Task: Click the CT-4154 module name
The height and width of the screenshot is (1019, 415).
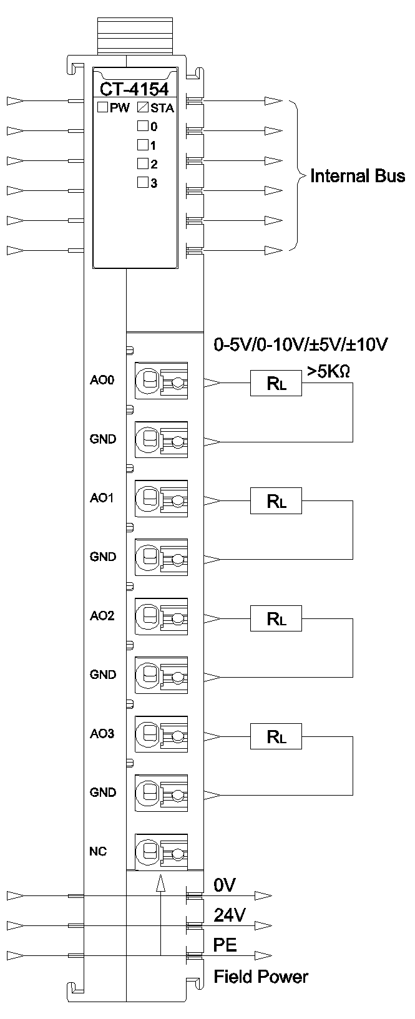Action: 134,90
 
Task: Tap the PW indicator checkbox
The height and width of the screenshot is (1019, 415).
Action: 103,107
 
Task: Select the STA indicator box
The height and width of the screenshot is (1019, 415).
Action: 142,107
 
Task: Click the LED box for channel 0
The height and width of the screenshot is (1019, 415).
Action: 142,126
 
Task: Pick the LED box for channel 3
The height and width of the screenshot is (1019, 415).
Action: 142,183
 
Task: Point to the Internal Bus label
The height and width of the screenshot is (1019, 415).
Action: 357,175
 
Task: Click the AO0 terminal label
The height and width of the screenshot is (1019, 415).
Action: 102,380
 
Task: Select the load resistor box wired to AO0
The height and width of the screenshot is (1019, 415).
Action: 276,383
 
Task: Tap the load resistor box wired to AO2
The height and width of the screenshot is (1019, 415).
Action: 276,618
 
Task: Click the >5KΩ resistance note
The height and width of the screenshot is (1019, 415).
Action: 328,371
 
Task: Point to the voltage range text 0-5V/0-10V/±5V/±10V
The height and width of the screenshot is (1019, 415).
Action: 301,344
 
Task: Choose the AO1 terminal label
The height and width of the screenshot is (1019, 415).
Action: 102,498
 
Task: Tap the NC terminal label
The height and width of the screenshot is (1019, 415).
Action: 98,851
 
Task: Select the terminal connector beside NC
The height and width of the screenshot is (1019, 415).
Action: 162,851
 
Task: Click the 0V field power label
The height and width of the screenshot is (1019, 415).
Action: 224,885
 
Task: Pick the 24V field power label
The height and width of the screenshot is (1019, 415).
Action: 229,915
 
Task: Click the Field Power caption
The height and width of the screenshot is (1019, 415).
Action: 261,977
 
